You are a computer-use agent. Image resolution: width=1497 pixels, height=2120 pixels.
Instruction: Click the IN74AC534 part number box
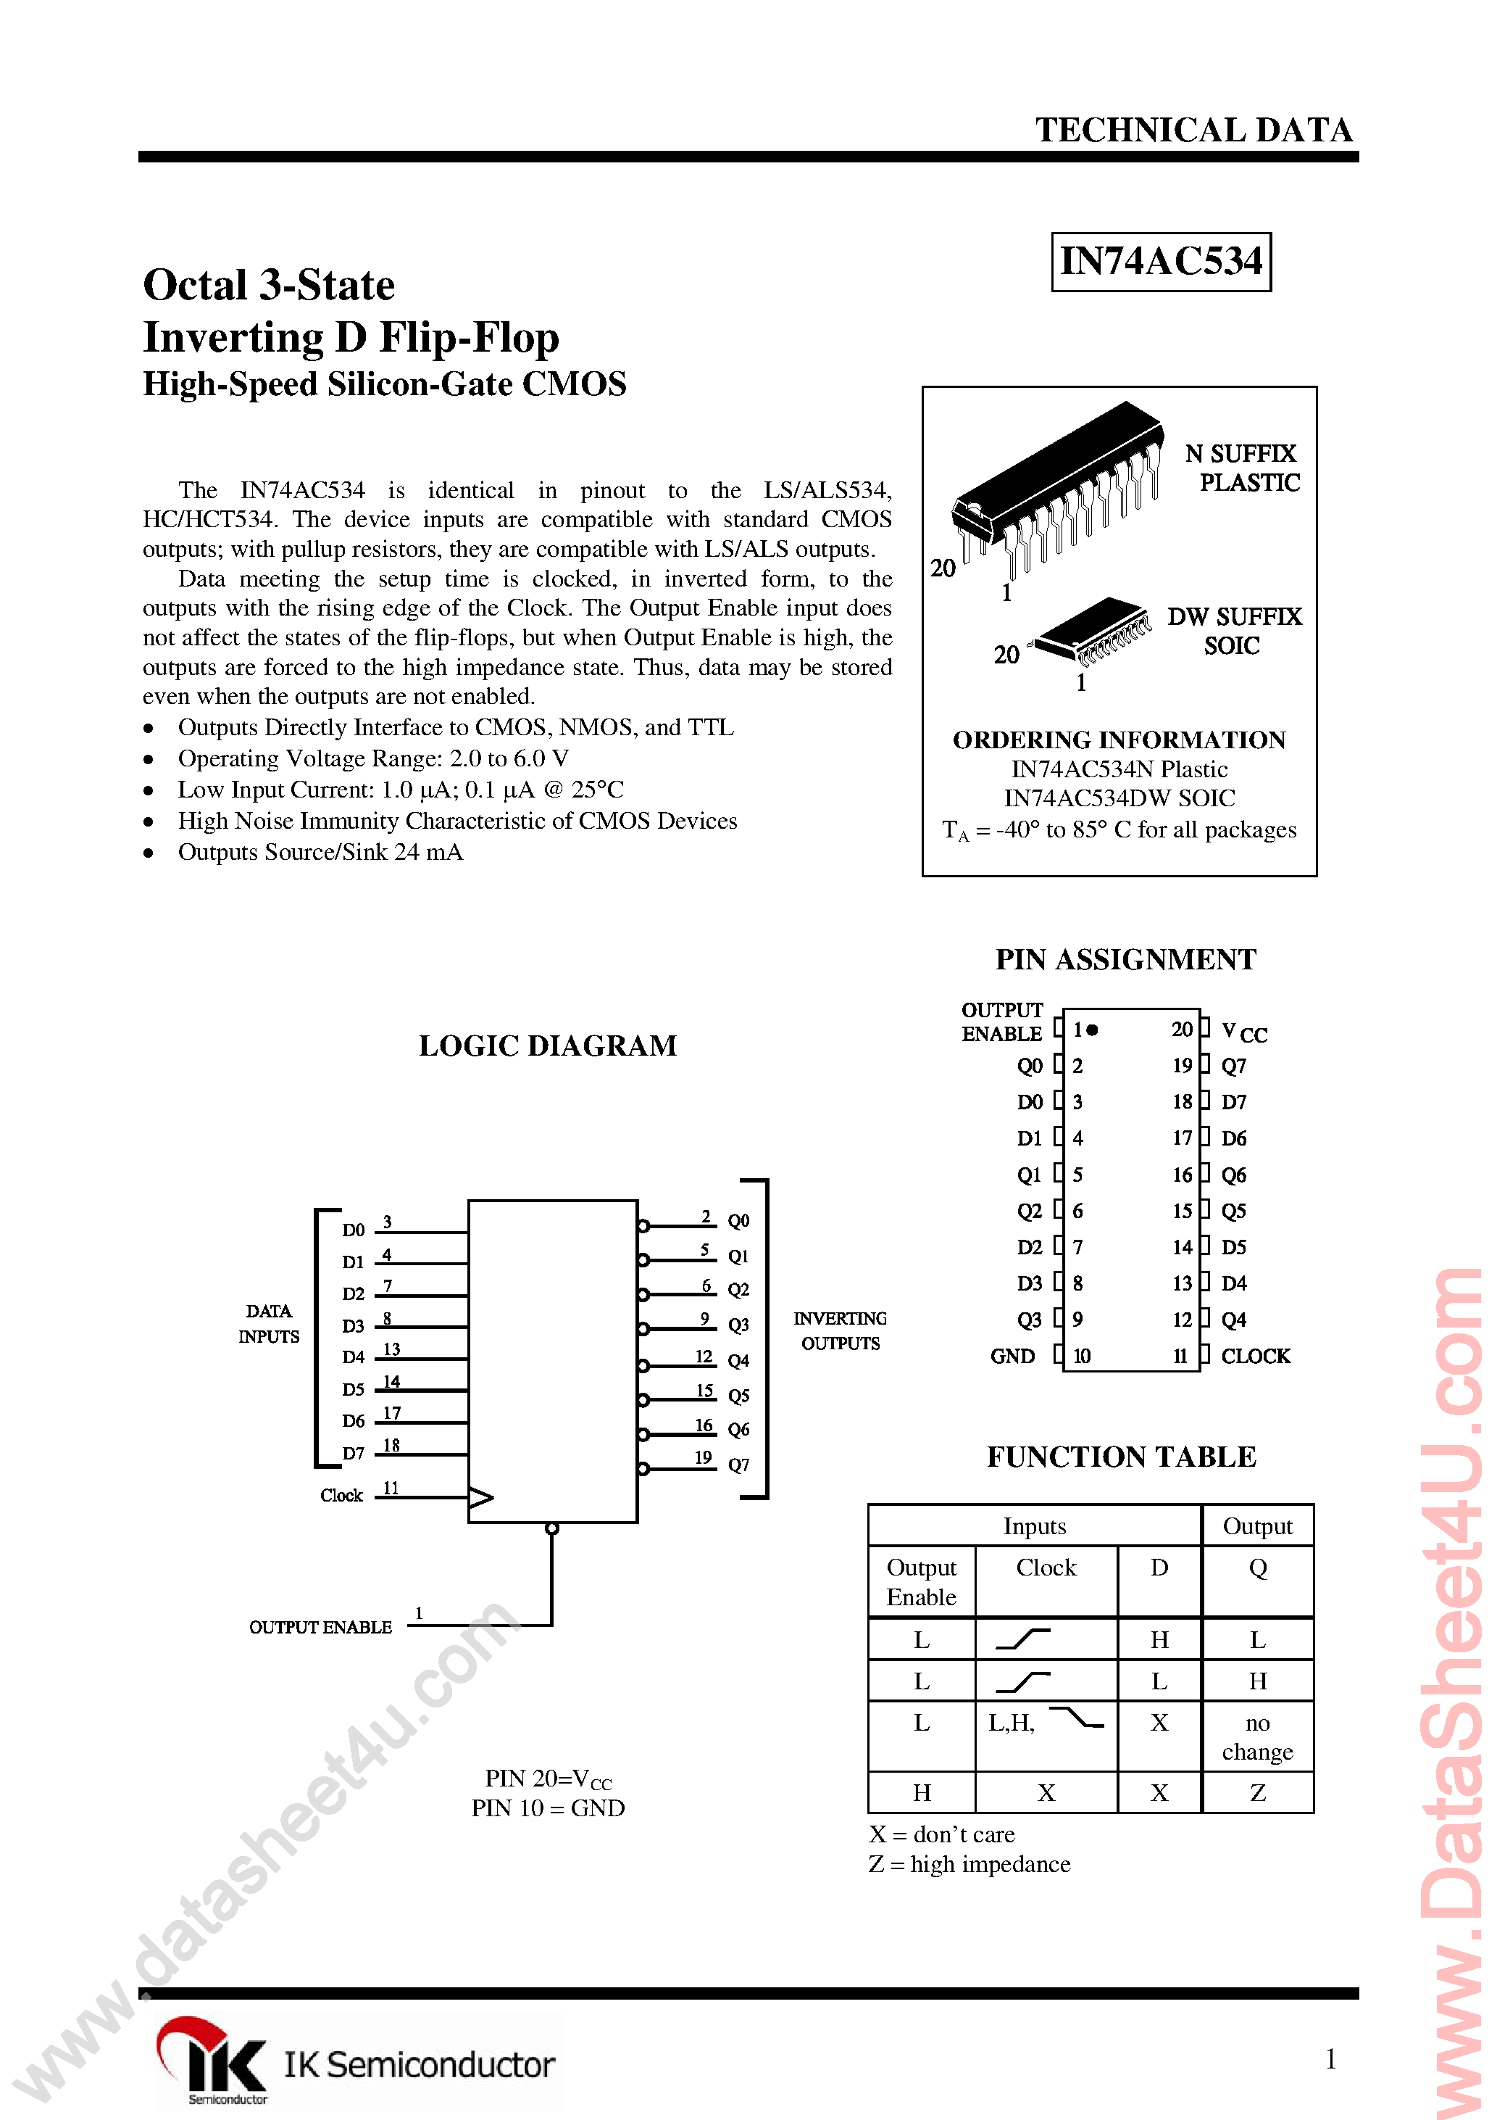pos(1160,262)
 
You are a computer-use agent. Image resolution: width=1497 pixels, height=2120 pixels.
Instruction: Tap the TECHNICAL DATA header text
pos(1193,131)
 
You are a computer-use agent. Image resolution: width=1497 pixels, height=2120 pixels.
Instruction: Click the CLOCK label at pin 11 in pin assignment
pos(1254,1356)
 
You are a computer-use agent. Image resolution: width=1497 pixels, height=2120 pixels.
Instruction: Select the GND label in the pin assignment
pos(1012,1356)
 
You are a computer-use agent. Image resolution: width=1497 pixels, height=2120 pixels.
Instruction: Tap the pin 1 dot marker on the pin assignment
pos(1093,1030)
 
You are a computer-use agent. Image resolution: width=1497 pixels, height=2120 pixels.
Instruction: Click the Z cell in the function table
pos(1257,1792)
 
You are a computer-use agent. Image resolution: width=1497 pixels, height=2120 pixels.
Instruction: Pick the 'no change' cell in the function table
pos(1257,1736)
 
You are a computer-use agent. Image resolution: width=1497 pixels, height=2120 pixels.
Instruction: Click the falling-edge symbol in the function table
pos(1076,1718)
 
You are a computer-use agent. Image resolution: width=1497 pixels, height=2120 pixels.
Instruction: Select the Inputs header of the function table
pos(1034,1526)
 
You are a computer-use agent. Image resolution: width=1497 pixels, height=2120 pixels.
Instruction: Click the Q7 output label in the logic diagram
pos(738,1465)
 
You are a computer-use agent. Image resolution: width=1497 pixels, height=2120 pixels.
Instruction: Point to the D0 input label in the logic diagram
pos(354,1230)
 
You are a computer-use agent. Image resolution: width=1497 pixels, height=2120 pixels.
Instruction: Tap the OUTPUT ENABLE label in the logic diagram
pos(320,1627)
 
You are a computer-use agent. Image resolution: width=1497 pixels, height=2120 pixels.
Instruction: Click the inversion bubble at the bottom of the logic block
pos(552,1529)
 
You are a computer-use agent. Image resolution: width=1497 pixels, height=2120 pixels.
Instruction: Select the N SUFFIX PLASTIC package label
pos(1242,468)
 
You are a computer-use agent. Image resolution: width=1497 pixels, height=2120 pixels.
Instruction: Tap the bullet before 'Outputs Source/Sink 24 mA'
pos(149,853)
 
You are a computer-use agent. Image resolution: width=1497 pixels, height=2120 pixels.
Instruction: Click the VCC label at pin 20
pos(1243,1032)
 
